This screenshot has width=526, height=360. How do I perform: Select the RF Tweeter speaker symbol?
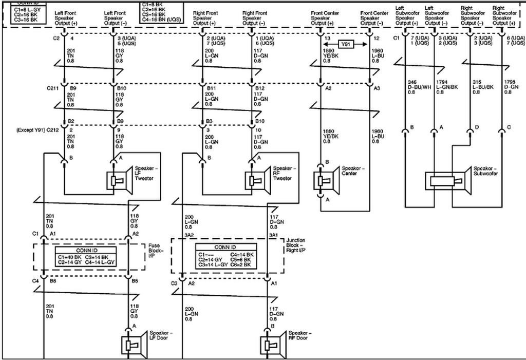tap(258, 179)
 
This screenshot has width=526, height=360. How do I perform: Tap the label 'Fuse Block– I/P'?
tap(156, 251)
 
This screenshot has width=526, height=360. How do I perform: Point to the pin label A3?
tap(377, 88)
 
